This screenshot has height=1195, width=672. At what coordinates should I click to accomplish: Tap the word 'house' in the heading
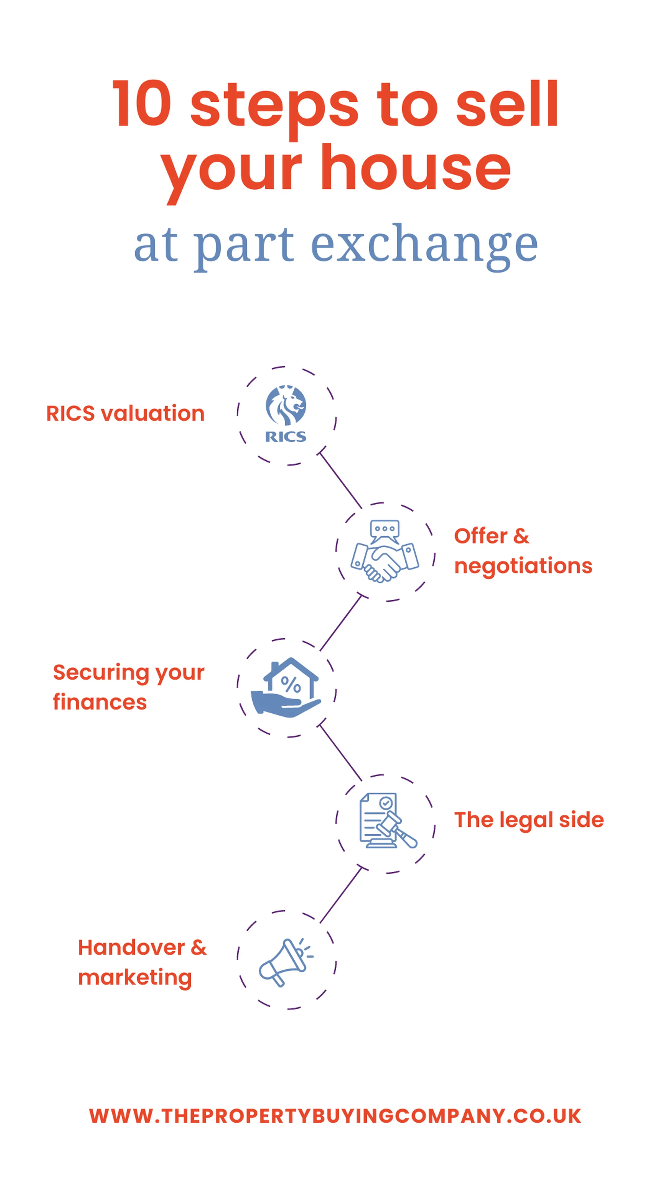pyautogui.click(x=416, y=168)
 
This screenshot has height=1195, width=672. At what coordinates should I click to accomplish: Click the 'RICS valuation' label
pyautogui.click(x=125, y=413)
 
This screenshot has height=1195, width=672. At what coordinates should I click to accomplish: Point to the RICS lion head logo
pyautogui.click(x=286, y=405)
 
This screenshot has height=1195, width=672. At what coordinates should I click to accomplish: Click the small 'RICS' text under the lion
pyautogui.click(x=285, y=437)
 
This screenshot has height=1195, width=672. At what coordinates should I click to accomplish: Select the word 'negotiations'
pyautogui.click(x=523, y=566)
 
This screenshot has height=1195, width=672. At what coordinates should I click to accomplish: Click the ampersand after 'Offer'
pyautogui.click(x=521, y=536)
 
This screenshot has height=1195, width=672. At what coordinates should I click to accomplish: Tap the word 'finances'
pyautogui.click(x=100, y=702)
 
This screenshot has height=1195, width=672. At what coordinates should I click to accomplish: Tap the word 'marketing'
pyautogui.click(x=134, y=977)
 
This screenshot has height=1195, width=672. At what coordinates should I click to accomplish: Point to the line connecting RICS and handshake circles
pyautogui.click(x=341, y=480)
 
